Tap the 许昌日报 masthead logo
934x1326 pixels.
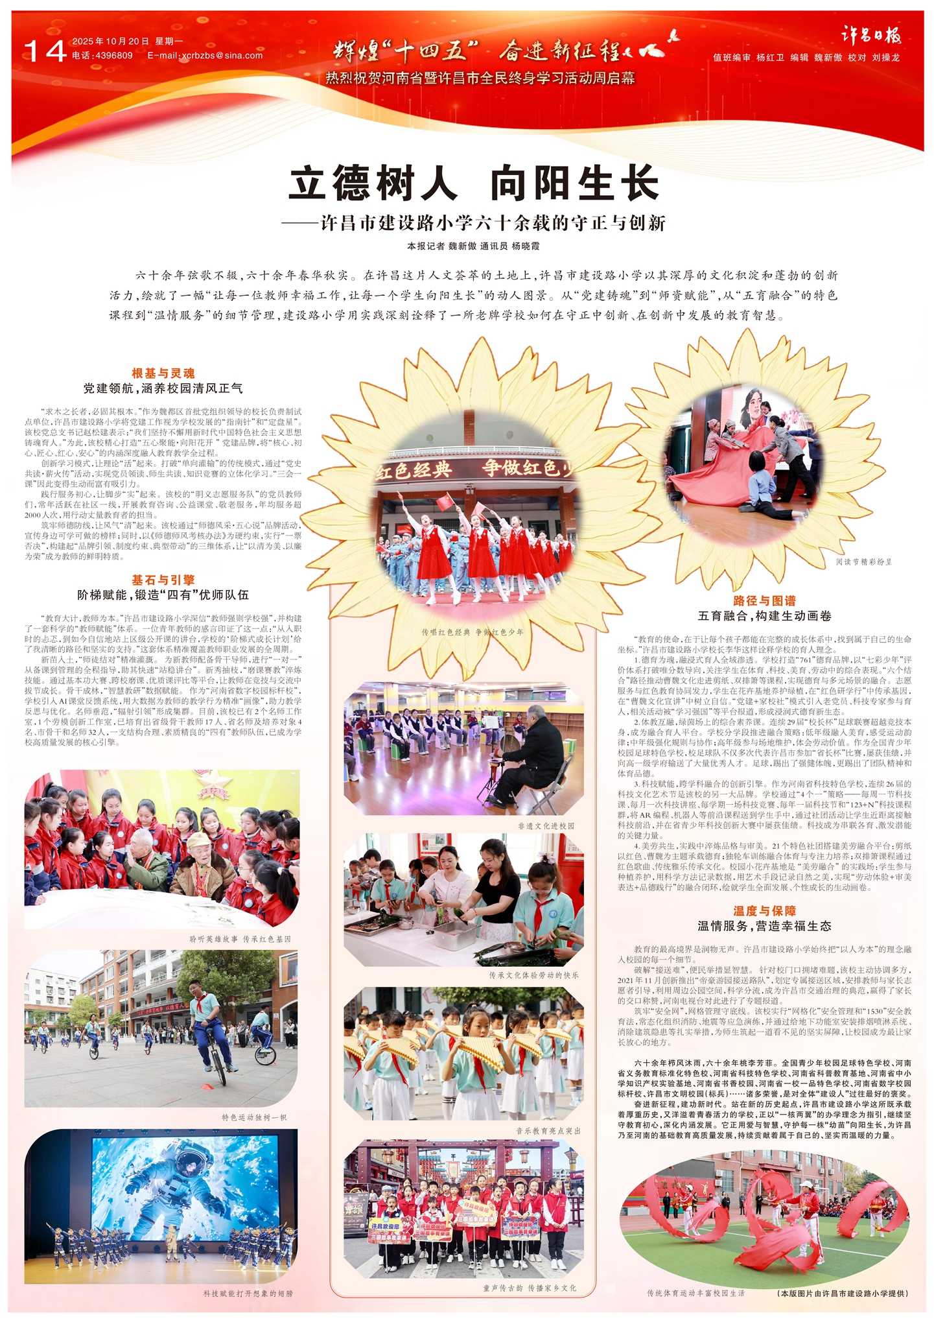(870, 36)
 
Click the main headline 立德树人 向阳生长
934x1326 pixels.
(473, 184)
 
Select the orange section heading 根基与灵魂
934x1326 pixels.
(163, 373)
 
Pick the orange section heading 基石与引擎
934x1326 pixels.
(163, 580)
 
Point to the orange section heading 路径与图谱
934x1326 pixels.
(764, 601)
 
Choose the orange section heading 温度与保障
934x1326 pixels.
(764, 911)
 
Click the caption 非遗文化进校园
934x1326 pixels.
(546, 826)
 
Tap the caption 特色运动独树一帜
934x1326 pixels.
(253, 1118)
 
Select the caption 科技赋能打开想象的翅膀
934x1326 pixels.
(248, 1293)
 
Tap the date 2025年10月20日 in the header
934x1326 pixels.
(110, 41)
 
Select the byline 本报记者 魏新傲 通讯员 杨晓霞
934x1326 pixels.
(473, 246)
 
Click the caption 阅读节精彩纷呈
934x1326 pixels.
(863, 562)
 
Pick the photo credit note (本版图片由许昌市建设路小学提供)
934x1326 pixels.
(843, 1293)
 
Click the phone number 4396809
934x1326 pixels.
(113, 56)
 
